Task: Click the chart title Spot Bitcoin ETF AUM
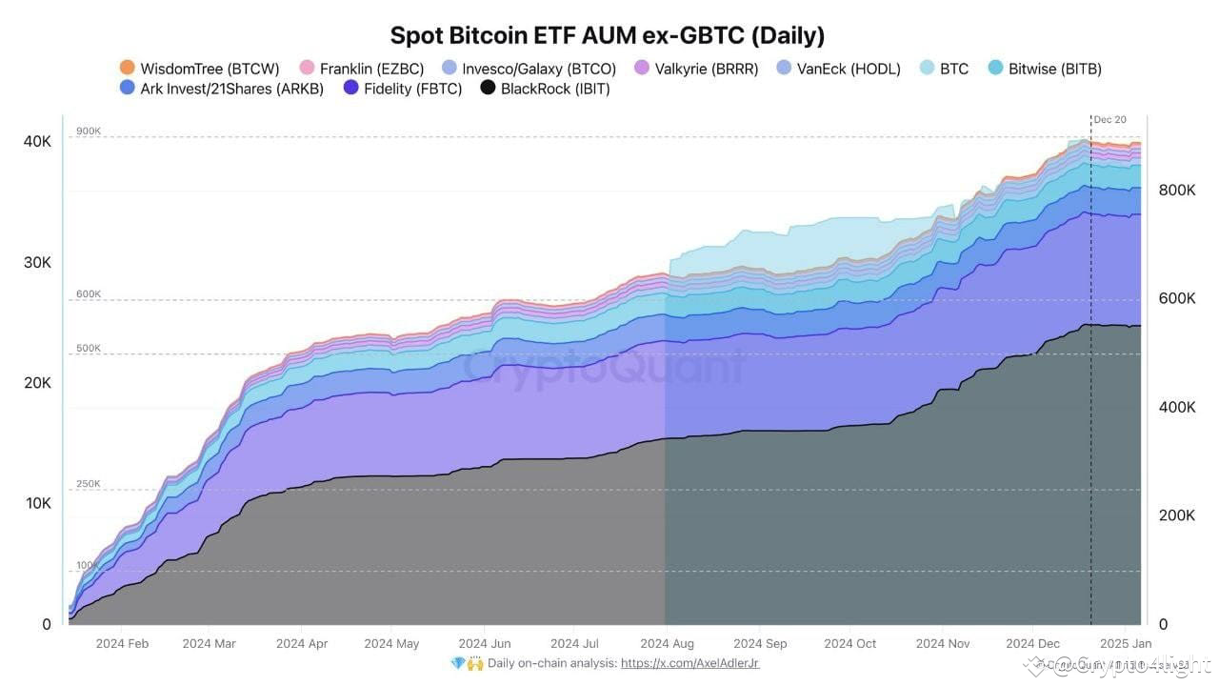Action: click(x=608, y=35)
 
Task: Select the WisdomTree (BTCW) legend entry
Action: click(x=199, y=69)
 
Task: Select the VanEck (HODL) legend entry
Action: click(x=838, y=69)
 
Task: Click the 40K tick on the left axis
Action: click(x=38, y=141)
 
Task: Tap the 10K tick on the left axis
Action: click(x=38, y=503)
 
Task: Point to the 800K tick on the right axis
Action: click(x=1176, y=191)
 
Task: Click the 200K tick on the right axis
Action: click(x=1176, y=515)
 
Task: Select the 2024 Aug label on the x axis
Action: click(x=668, y=644)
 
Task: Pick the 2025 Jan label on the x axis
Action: click(x=1126, y=644)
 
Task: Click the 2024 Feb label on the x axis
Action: click(x=122, y=644)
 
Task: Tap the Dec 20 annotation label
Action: click(x=1109, y=120)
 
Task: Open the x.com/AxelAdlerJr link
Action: click(x=689, y=663)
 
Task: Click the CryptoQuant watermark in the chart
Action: click(x=605, y=367)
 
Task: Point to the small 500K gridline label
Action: click(x=89, y=349)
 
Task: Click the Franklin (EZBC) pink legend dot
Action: click(x=307, y=69)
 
